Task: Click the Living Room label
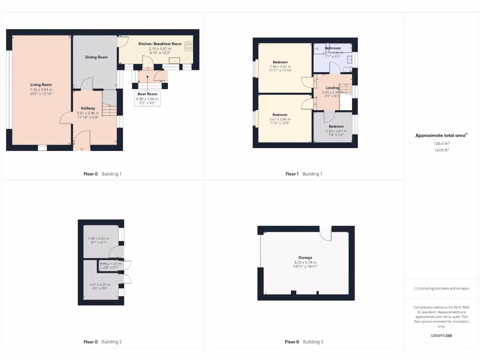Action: tap(41, 85)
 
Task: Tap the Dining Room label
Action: tap(96, 57)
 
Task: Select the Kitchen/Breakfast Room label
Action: tap(159, 44)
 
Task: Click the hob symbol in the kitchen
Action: tap(189, 46)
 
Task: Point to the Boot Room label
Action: tap(147, 94)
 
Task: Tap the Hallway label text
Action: tap(88, 108)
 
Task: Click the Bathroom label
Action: tap(333, 48)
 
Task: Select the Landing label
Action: tap(332, 88)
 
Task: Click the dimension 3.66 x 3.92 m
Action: tap(280, 67)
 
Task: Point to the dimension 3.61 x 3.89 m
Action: tap(280, 119)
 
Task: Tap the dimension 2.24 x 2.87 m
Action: tap(336, 131)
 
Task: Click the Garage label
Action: tap(306, 257)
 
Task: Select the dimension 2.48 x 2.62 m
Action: tap(98, 239)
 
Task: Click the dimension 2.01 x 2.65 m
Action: tap(100, 284)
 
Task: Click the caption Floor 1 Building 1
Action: tap(304, 174)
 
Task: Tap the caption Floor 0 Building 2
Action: tap(102, 342)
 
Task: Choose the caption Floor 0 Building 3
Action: tap(304, 342)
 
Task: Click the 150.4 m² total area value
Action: tap(442, 143)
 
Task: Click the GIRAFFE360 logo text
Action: tap(442, 336)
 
